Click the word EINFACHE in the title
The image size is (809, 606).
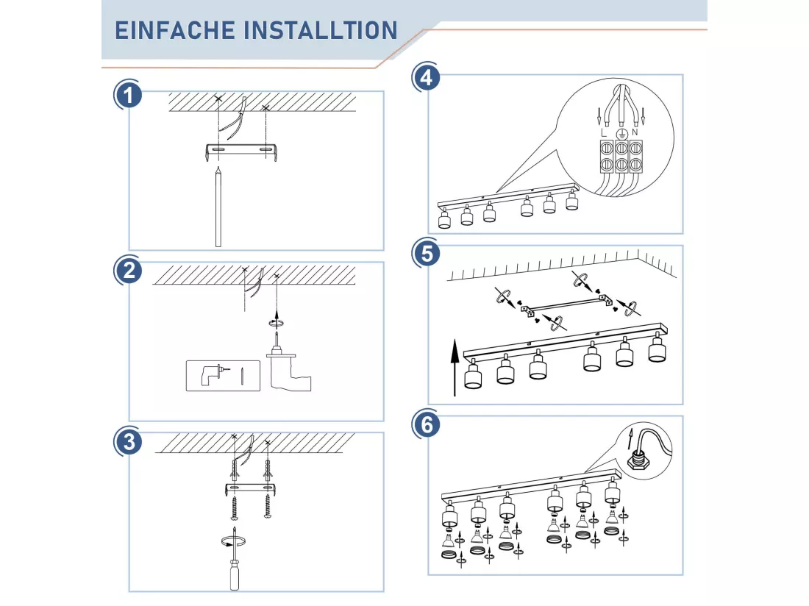coord(174,30)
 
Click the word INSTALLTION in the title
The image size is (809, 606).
coord(321,30)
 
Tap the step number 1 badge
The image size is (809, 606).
coord(129,95)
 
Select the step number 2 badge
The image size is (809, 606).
coord(129,271)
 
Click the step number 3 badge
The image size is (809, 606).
coord(129,442)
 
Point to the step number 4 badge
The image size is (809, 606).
coord(427,78)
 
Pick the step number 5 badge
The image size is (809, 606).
coord(427,254)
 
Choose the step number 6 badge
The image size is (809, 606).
coord(427,424)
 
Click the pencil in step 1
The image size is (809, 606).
coord(218,207)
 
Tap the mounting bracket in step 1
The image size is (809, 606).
coord(242,151)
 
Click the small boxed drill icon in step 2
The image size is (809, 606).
coord(223,376)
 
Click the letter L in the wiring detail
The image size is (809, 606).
coord(604,133)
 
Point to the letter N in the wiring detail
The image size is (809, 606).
coord(635,132)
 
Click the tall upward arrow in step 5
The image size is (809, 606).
coord(455,368)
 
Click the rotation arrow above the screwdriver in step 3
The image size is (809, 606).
coord(232,541)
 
